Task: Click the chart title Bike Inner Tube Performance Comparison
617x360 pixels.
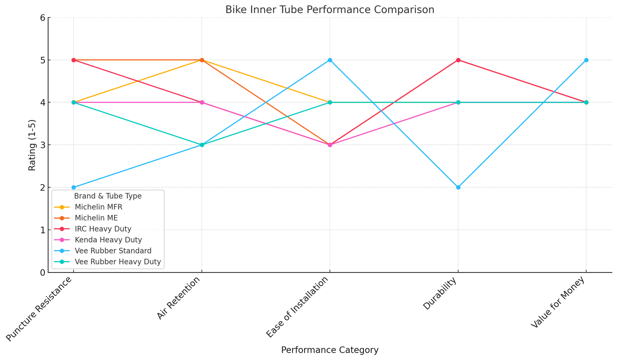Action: [330, 10]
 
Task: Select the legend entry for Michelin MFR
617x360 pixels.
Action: [98, 207]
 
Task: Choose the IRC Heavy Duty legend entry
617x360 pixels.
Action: [103, 229]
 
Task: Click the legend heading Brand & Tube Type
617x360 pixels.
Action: [108, 196]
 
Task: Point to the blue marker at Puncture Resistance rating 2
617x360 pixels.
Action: [74, 188]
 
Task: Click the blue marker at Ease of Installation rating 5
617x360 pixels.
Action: [330, 60]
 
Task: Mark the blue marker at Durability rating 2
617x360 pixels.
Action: [458, 188]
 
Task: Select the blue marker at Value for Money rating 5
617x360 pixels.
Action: [586, 60]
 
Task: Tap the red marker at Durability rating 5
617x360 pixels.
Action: [458, 60]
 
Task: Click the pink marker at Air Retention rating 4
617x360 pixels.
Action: [202, 103]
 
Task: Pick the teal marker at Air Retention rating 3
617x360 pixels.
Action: [202, 145]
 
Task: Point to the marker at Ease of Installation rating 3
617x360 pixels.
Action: [330, 145]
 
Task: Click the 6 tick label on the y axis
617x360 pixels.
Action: [42, 18]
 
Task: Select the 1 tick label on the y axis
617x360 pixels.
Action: [42, 230]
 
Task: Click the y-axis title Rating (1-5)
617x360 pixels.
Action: [32, 145]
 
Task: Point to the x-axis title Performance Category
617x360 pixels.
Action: [330, 350]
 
